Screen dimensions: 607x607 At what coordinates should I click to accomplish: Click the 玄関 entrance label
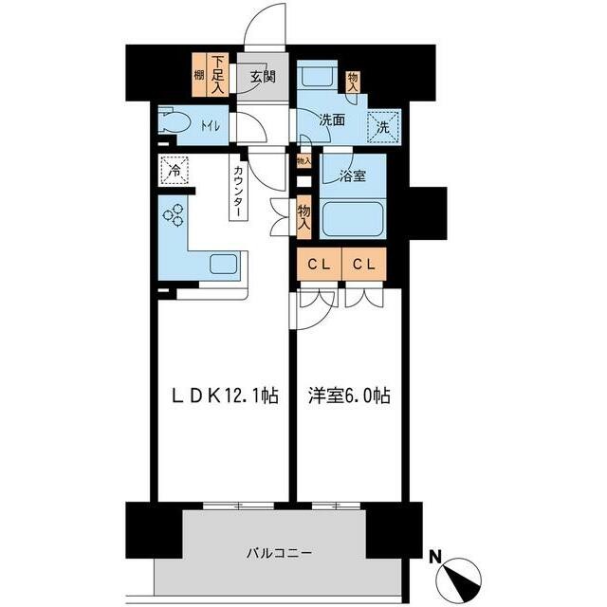pos(263,77)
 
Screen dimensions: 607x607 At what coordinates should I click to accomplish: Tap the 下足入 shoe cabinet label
pos(218,75)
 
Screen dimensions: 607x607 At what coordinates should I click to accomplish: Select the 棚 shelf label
pos(199,75)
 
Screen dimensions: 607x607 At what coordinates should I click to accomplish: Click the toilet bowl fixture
pos(175,123)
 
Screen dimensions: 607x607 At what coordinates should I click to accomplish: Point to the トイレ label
pos(211,125)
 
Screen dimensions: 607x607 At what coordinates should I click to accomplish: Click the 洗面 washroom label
pos(332,120)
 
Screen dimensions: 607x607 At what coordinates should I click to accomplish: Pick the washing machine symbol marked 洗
pos(382,127)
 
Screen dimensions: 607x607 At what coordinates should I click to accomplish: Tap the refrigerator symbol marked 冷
pos(175,171)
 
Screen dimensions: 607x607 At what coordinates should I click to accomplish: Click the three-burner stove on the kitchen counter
pos(173,215)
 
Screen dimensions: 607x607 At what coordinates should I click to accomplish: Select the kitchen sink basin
pos(223,264)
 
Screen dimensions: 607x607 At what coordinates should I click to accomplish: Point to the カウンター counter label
pos(239,192)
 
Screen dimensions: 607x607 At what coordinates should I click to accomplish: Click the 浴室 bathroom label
pos(353,176)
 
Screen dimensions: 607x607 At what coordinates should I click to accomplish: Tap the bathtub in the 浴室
pos(352,218)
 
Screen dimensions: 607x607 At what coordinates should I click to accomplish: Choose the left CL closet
pos(320,264)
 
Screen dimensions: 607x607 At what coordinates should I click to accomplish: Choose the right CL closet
pos(364,264)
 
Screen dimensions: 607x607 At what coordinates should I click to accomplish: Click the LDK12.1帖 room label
pos(226,396)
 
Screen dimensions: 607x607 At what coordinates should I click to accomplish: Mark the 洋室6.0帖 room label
pos(349,396)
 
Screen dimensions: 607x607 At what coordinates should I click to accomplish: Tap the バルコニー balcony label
pos(279,552)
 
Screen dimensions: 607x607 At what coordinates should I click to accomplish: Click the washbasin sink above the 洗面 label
pos(320,76)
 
